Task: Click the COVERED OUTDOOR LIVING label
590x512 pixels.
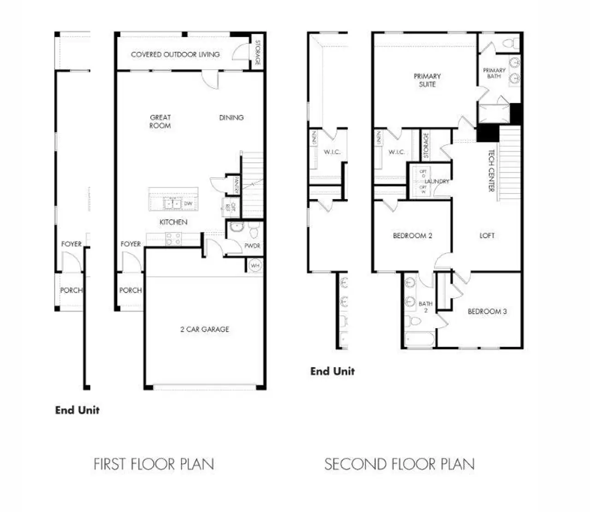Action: pyautogui.click(x=175, y=54)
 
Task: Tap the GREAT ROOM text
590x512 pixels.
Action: pyautogui.click(x=160, y=122)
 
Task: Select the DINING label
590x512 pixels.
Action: pyautogui.click(x=231, y=118)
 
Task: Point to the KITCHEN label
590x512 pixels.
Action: pyautogui.click(x=173, y=222)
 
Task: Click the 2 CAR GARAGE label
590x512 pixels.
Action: pyautogui.click(x=205, y=330)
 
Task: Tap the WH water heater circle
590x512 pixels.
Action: pyautogui.click(x=255, y=266)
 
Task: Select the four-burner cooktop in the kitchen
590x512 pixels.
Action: pyautogui.click(x=173, y=239)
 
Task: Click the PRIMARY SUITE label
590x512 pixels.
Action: pyautogui.click(x=427, y=80)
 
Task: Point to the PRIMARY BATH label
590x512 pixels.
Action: pyautogui.click(x=494, y=73)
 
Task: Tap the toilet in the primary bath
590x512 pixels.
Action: pyautogui.click(x=510, y=44)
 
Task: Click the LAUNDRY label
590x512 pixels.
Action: pyautogui.click(x=437, y=182)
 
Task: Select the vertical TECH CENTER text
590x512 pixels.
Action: pyautogui.click(x=491, y=171)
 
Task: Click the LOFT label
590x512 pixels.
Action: pyautogui.click(x=487, y=235)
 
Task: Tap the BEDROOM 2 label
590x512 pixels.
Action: pyautogui.click(x=413, y=236)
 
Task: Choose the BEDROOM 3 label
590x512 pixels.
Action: pyautogui.click(x=487, y=312)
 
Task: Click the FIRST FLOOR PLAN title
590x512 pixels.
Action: pyautogui.click(x=154, y=464)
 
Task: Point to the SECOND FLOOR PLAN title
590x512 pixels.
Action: pyautogui.click(x=399, y=464)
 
